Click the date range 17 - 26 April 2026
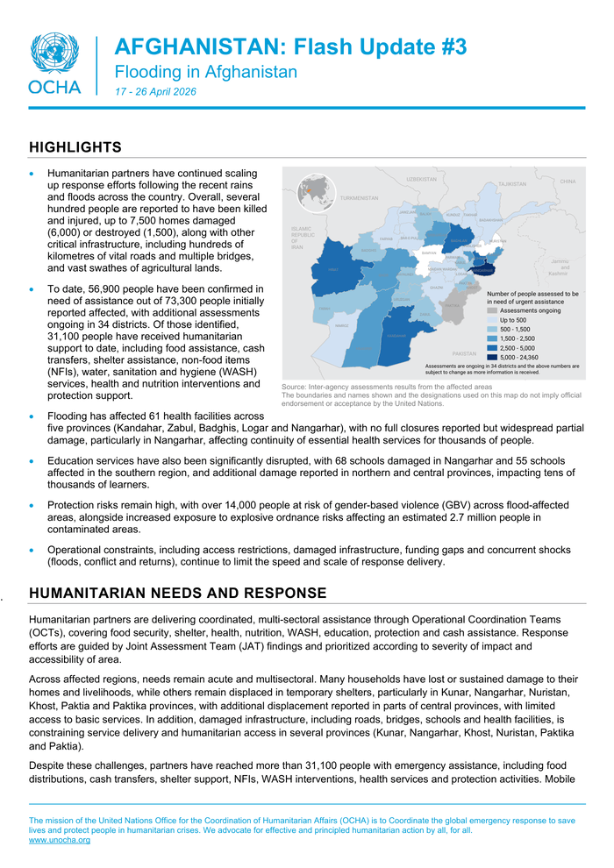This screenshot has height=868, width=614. click(155, 92)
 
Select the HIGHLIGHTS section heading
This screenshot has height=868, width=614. click(75, 146)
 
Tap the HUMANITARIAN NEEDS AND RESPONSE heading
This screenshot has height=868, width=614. click(177, 594)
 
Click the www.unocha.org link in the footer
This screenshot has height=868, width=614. click(60, 840)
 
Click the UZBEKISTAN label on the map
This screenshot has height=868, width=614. click(421, 179)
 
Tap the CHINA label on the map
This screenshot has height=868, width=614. click(568, 181)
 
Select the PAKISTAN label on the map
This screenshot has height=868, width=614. click(464, 352)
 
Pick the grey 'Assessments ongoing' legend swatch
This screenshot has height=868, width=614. click(492, 310)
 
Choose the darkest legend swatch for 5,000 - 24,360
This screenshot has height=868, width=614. click(492, 357)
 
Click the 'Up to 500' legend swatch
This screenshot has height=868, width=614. click(492, 320)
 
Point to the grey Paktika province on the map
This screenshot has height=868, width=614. click(452, 307)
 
